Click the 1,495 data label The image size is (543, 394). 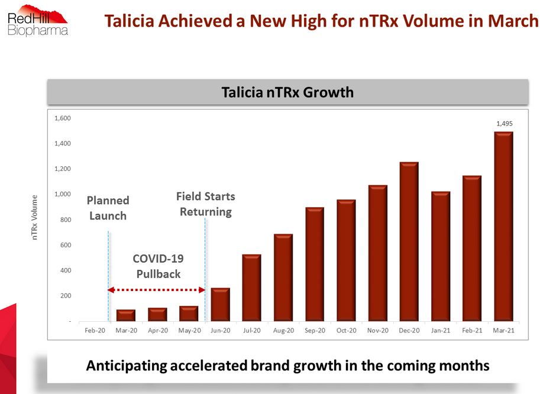504,124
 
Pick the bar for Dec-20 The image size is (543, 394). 409,242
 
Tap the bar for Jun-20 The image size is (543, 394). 220,305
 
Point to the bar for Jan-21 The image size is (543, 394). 441,257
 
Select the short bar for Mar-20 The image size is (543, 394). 125,315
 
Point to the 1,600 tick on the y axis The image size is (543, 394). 62,118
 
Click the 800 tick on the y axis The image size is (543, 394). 64,220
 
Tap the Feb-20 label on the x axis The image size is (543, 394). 94,331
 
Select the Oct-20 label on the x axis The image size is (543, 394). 346,331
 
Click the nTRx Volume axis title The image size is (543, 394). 35,217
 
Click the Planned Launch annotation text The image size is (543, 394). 108,208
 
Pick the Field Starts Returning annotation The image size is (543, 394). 205,204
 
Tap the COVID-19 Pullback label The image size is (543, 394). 158,266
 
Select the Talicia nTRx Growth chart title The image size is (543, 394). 287,92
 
